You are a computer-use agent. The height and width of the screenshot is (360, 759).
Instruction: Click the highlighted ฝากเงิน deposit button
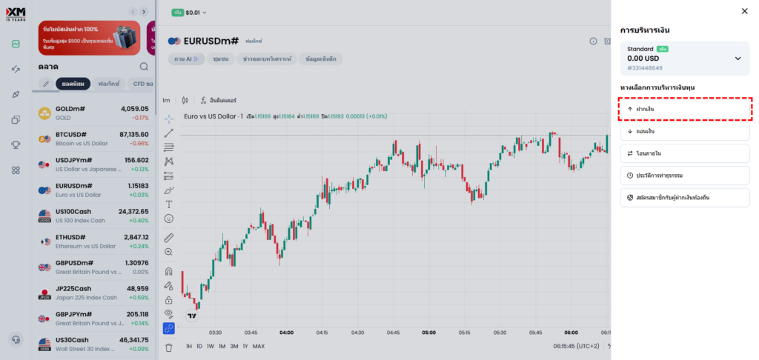coord(684,109)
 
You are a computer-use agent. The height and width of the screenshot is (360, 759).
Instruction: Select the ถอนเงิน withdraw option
coord(684,131)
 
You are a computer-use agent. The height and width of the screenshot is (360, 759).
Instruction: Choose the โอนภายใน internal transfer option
coord(684,153)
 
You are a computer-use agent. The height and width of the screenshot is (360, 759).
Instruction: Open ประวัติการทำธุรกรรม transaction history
coord(684,176)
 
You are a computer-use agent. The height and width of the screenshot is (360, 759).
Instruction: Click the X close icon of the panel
coord(744,11)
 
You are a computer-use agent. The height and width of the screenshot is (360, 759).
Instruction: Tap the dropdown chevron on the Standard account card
coord(738,59)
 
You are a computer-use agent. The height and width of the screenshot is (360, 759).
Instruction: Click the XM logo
coord(15,13)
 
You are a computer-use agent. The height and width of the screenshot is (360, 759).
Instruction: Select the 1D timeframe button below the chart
coord(199,346)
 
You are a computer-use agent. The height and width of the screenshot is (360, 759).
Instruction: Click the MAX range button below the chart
coord(258,346)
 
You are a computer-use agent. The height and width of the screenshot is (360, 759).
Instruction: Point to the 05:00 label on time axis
coord(429,333)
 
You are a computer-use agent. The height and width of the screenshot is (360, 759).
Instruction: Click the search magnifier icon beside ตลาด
coord(144,67)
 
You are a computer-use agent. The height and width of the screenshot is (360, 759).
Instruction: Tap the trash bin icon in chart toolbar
coord(168,347)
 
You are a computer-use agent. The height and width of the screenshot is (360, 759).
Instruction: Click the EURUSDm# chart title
coord(211,41)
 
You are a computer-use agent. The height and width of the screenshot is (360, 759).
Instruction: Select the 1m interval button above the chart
coord(166,100)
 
